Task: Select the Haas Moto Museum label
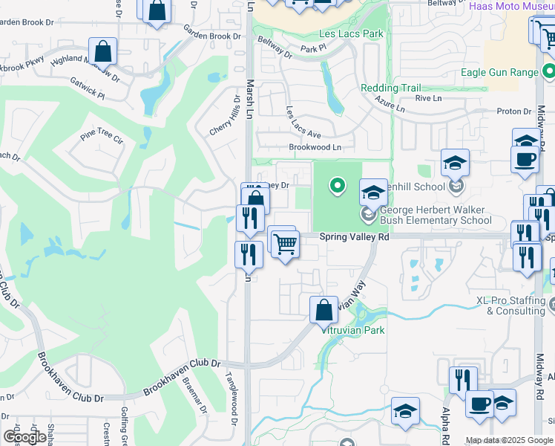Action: [512, 6]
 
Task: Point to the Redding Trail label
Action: [390, 88]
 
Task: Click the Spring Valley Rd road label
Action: [354, 236]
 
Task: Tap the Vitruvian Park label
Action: [352, 330]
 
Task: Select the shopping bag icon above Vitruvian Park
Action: [324, 308]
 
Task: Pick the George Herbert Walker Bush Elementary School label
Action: [435, 215]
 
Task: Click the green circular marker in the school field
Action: [337, 185]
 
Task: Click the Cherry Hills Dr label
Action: [225, 119]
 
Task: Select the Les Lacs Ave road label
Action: [303, 122]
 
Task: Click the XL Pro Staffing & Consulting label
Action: [510, 306]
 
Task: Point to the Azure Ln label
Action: [390, 103]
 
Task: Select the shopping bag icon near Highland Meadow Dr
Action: [103, 52]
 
